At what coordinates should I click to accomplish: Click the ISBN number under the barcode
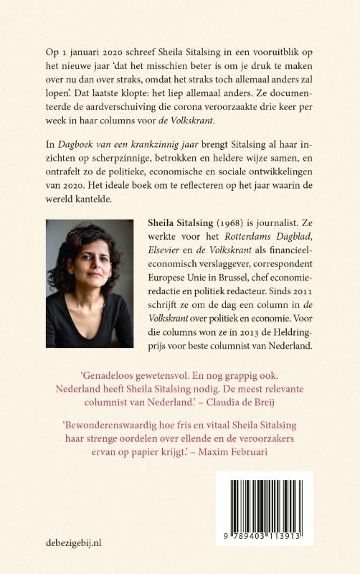[x=265, y=538]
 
